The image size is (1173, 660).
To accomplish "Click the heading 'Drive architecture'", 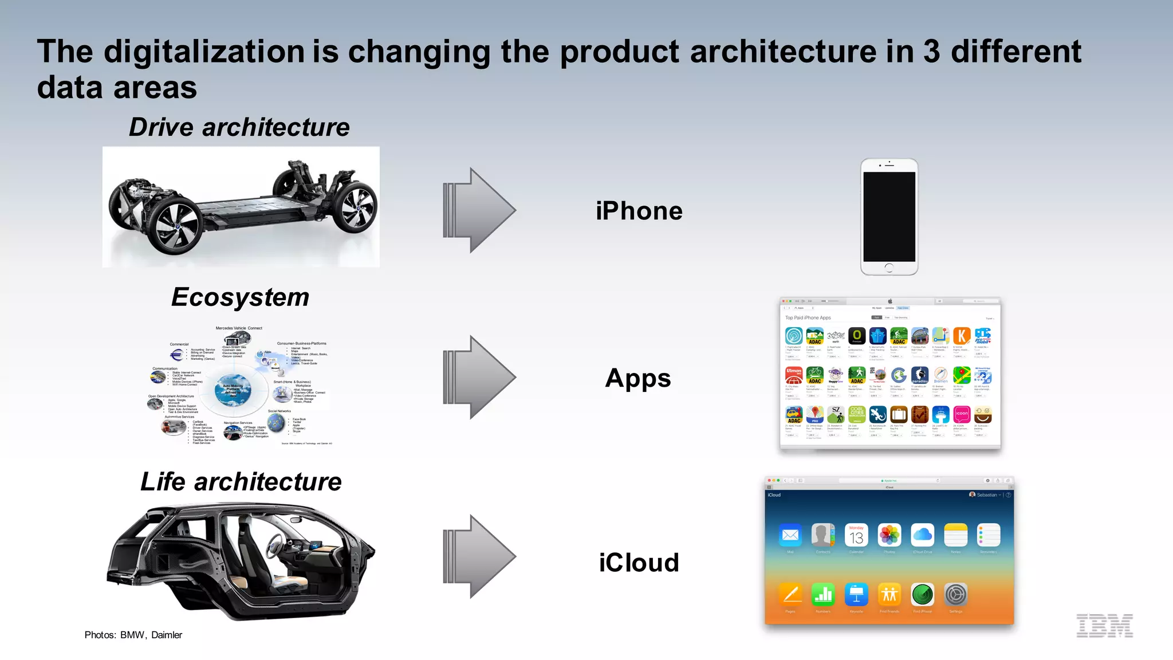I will (x=239, y=127).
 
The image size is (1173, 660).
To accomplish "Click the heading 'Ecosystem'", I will (x=240, y=297).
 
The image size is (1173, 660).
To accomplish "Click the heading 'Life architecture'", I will (x=241, y=482).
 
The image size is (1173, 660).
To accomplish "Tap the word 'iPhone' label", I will (x=639, y=211).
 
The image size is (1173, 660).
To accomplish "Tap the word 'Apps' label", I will (x=638, y=379).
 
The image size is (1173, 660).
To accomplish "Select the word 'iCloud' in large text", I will (x=639, y=563).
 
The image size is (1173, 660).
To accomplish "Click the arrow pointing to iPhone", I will (x=479, y=210).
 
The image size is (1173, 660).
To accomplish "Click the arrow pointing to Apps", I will (x=479, y=378).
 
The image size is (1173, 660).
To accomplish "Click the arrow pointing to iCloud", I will (x=479, y=557).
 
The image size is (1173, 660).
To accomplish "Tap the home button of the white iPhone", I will (x=889, y=268).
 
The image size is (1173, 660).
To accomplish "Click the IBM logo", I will (x=1104, y=626).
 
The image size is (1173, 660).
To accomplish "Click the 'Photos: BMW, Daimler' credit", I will (x=133, y=635).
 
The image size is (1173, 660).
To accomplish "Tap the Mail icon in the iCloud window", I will (x=790, y=535).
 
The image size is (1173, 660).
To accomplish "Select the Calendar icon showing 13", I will (x=856, y=535).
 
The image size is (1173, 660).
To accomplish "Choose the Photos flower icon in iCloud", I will (x=889, y=535).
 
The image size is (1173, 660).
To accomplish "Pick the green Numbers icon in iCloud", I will (x=823, y=595).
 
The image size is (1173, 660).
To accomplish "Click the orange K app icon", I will (x=962, y=336).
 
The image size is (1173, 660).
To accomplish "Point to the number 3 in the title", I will (x=931, y=52).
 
